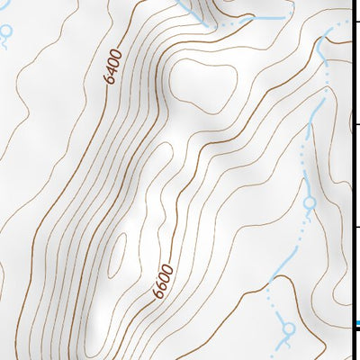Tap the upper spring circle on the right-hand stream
tap(310, 204)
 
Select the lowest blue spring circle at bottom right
tap(289, 329)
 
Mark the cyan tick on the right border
tap(356, 323)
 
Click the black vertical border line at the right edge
tap(351, 180)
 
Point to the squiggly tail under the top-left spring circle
tap(6, 42)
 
